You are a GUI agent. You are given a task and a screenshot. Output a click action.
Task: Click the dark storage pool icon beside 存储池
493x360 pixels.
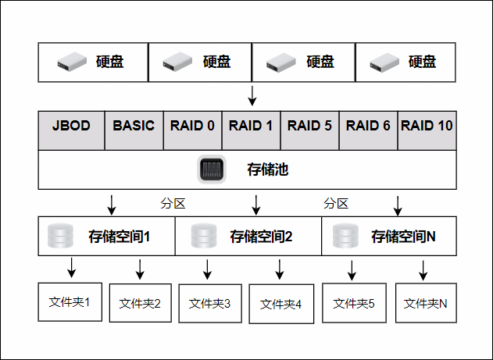211,169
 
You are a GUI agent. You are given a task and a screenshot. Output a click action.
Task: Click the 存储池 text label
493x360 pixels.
267,169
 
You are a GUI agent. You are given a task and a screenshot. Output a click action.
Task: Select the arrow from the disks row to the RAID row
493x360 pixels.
252,96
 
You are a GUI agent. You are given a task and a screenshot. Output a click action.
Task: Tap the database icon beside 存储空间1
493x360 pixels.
60,236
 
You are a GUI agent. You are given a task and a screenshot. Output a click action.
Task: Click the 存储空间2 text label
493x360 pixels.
261,236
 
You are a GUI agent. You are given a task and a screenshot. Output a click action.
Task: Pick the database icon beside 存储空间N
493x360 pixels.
345,236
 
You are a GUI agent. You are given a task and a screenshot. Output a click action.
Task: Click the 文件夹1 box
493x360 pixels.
70,301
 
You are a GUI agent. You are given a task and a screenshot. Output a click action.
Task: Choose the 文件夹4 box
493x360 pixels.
280,305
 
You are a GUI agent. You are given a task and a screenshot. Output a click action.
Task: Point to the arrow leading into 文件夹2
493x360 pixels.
140,269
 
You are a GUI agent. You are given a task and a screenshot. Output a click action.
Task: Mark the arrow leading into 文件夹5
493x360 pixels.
352,269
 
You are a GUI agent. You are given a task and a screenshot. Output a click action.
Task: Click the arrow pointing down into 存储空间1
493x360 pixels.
112,205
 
